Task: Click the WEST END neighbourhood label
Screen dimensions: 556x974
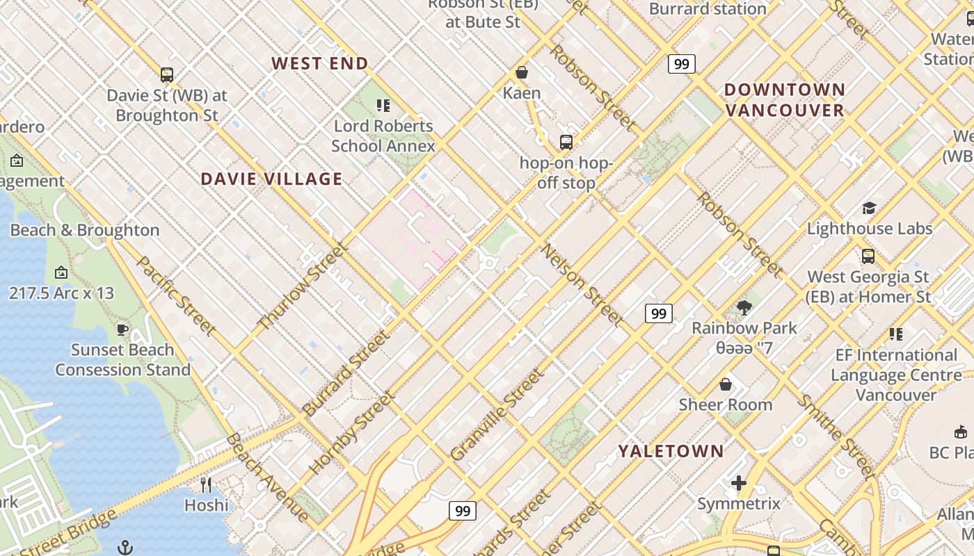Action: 320,63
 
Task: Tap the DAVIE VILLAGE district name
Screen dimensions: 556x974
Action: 271,179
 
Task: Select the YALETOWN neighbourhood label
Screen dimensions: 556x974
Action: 671,451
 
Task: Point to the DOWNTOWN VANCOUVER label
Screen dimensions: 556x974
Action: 785,100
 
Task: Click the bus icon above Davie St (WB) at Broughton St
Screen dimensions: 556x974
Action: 167,74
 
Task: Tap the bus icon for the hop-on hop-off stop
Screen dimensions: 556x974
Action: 566,142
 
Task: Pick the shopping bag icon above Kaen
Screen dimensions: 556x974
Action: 521,72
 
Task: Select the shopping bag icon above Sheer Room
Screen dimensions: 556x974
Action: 726,384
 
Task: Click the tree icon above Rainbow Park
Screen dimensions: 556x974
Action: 744,307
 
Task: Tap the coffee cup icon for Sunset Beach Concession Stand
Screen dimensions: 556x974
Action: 122,329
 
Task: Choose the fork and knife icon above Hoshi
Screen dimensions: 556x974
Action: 206,484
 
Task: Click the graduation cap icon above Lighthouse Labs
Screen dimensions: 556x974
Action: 869,208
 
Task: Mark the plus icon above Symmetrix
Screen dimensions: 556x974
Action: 739,482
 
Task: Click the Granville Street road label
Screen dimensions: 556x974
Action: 495,414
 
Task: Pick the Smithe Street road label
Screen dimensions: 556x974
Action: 835,436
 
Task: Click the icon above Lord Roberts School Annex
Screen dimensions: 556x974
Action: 383,106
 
